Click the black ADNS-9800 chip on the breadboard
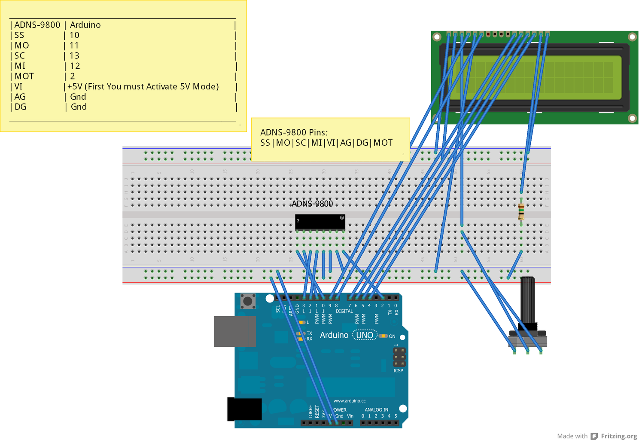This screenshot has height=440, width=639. click(x=320, y=222)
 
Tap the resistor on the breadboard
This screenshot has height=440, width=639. click(x=521, y=211)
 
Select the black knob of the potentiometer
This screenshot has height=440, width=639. click(x=527, y=301)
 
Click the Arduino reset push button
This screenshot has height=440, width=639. click(x=248, y=301)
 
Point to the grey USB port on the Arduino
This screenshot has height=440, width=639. click(x=234, y=331)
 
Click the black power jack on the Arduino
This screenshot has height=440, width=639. click(x=244, y=409)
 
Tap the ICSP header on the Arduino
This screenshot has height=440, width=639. click(x=399, y=357)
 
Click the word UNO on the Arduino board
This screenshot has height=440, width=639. click(x=365, y=335)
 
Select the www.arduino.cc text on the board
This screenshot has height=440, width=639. click(x=350, y=401)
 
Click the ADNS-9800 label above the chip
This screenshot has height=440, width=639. click(x=312, y=204)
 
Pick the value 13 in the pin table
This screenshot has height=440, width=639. click(x=74, y=56)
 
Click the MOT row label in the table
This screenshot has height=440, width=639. click(x=24, y=76)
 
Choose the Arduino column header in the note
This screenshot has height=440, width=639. click(x=85, y=25)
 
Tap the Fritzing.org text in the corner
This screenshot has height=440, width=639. click(x=619, y=436)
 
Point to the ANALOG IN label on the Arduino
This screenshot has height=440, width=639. click(x=376, y=410)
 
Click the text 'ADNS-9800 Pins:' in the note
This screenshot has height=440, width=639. click(x=294, y=132)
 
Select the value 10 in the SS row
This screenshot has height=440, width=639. click(x=74, y=35)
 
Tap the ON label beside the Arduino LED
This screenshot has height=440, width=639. click(x=392, y=336)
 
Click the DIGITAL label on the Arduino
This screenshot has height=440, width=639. click(x=344, y=311)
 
